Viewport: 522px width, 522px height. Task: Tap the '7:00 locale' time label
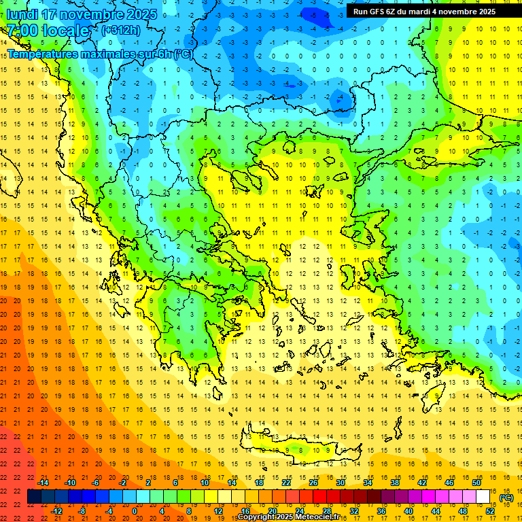point(48,31)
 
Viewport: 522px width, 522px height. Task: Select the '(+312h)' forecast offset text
point(121,30)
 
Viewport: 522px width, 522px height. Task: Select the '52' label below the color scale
point(489,510)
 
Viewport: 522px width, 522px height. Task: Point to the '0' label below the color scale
point(135,510)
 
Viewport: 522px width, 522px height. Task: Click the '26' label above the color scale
point(313,483)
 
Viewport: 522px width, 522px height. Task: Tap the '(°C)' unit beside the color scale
point(506,498)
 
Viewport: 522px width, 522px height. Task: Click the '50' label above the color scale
point(476,483)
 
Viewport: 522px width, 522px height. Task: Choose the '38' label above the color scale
point(394,483)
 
